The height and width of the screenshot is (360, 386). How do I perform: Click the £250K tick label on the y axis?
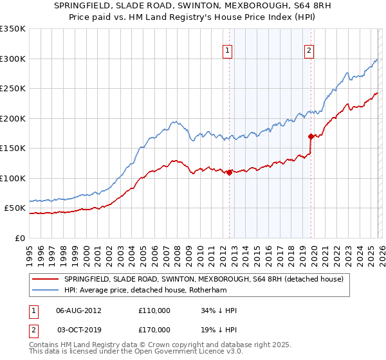click(x=13, y=89)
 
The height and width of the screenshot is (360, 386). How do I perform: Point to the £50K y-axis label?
click(x=15, y=208)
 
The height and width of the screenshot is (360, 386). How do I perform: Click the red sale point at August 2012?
click(x=229, y=172)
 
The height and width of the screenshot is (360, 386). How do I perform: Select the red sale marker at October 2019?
click(x=311, y=136)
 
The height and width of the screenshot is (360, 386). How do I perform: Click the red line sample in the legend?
click(x=46, y=279)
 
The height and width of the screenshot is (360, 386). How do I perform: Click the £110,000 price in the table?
click(x=154, y=310)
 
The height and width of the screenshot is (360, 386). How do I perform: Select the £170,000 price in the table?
click(x=154, y=329)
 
